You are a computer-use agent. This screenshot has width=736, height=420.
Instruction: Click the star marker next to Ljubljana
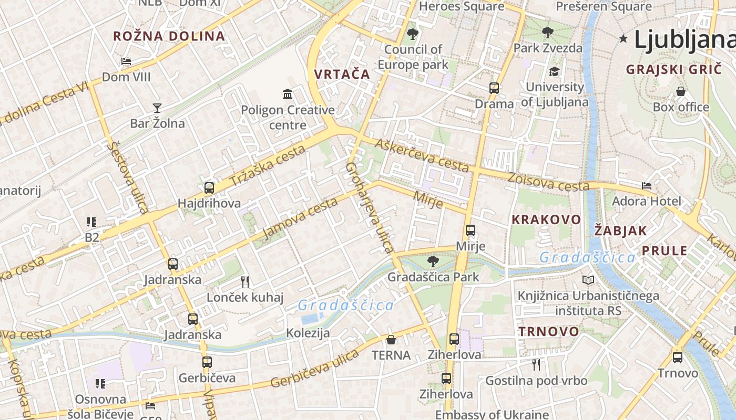(623, 38)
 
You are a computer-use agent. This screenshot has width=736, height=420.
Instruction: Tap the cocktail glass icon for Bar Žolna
(157, 108)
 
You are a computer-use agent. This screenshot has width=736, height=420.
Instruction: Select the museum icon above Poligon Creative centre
(288, 94)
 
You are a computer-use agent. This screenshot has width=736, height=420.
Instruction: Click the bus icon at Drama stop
(494, 88)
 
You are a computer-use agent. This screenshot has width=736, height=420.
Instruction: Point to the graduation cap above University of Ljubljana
(554, 71)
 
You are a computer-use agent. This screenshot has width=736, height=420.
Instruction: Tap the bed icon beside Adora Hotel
(647, 186)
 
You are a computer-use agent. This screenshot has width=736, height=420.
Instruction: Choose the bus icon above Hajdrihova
(209, 187)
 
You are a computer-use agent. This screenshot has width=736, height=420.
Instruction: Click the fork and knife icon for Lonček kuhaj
(245, 282)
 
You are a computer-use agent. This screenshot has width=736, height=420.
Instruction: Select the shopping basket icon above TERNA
(391, 340)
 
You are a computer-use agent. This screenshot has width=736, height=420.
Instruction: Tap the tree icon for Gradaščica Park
(433, 261)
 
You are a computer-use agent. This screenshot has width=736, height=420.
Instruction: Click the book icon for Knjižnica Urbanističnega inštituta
(588, 280)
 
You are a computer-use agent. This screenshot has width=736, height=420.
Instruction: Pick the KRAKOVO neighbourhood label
(546, 219)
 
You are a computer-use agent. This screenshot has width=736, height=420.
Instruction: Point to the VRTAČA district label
(342, 74)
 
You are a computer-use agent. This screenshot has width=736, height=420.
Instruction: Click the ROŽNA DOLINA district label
(169, 36)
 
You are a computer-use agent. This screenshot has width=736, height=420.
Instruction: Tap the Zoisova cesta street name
(548, 182)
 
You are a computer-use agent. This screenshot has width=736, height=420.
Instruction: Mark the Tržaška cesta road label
(268, 166)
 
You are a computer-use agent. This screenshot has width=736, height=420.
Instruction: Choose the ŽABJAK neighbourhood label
(620, 230)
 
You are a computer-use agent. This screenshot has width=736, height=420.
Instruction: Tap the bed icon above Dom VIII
(126, 61)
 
